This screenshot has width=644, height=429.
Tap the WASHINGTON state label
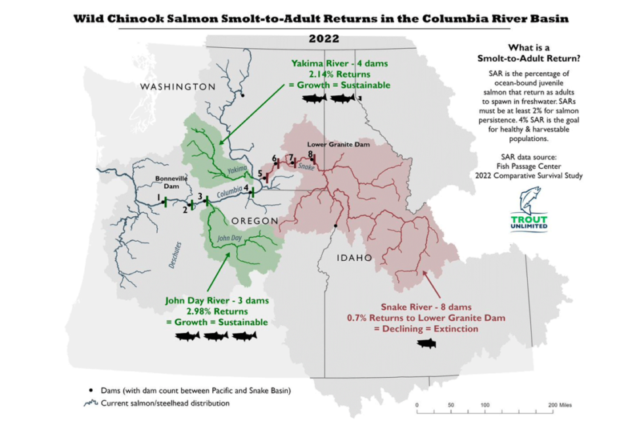coord(177,87)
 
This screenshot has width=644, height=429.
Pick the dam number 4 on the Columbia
coord(246,188)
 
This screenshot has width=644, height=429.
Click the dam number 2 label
coord(185,210)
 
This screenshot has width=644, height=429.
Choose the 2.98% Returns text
coord(216,311)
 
